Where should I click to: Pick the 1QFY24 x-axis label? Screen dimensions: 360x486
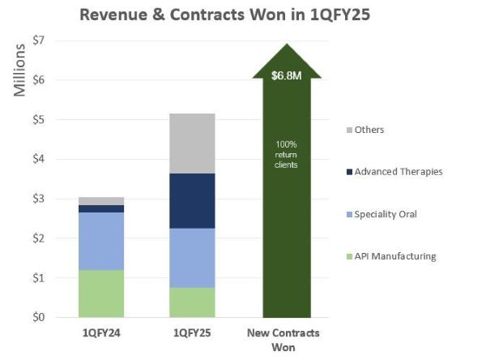click(101, 334)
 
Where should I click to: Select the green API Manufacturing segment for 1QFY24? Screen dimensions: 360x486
click(101, 294)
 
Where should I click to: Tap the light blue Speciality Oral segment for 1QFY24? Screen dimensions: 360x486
click(101, 242)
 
